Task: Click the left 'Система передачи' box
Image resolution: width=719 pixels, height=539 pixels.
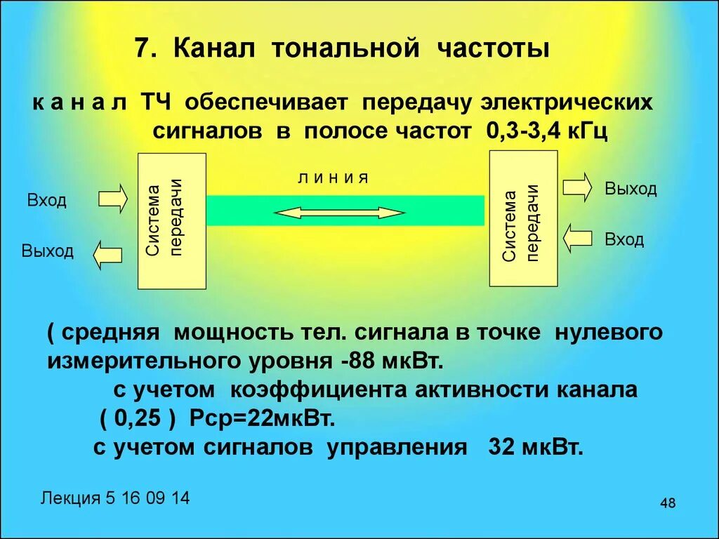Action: tap(172, 221)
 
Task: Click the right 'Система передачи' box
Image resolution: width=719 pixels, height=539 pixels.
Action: tap(523, 218)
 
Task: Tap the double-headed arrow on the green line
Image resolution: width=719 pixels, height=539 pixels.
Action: tap(339, 213)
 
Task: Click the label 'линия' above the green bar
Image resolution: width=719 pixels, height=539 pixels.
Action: tap(334, 178)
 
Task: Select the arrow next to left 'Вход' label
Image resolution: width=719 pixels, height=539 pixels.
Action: tap(112, 199)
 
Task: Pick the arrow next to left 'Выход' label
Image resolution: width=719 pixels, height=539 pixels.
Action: tap(107, 254)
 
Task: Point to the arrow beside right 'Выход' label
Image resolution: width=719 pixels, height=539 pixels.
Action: tap(578, 187)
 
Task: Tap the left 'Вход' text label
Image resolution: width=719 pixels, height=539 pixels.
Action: tap(47, 201)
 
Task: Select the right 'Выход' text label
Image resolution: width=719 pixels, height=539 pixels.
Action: tap(631, 189)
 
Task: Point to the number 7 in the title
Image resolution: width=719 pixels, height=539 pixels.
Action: tap(142, 51)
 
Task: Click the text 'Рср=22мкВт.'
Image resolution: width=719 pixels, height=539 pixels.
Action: tap(263, 419)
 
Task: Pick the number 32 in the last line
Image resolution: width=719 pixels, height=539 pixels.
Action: tap(501, 448)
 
